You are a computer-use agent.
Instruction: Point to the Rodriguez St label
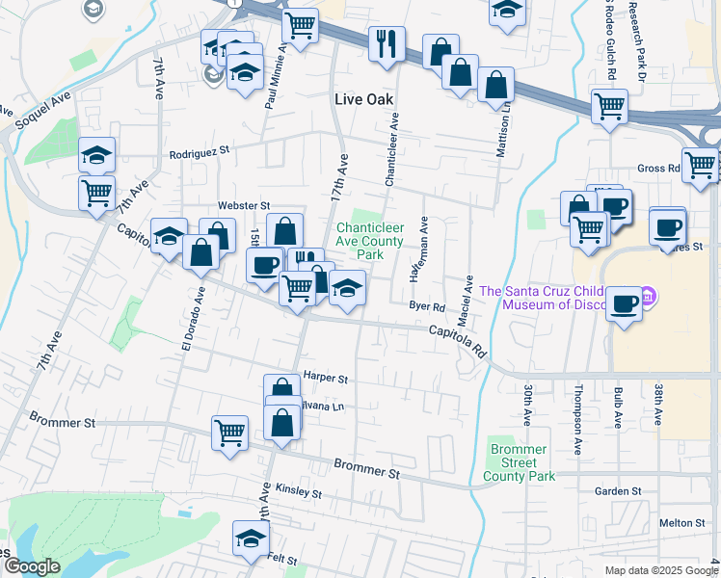(x=200, y=151)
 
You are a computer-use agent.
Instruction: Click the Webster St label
(x=243, y=205)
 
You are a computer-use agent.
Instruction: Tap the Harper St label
(x=325, y=378)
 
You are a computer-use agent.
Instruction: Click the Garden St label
(x=617, y=491)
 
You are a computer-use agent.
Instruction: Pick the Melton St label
(x=682, y=522)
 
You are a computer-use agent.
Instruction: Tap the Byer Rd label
(x=426, y=307)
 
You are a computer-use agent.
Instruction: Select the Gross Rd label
(x=659, y=168)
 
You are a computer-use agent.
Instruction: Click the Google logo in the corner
(x=31, y=566)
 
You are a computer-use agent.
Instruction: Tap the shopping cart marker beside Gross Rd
(x=700, y=165)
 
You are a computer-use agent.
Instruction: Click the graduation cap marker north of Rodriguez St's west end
(x=97, y=155)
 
